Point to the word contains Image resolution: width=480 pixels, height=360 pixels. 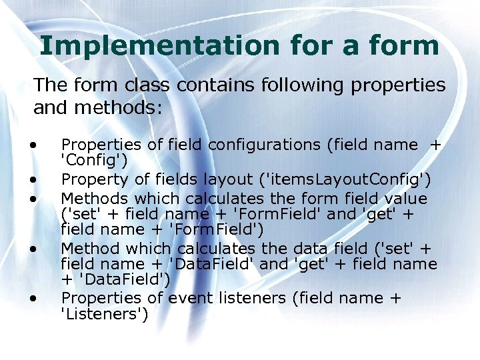pyautogui.click(x=217, y=85)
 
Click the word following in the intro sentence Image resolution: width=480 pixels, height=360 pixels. pyautogui.click(x=307, y=85)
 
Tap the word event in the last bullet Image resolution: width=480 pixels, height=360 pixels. pyautogui.click(x=188, y=298)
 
